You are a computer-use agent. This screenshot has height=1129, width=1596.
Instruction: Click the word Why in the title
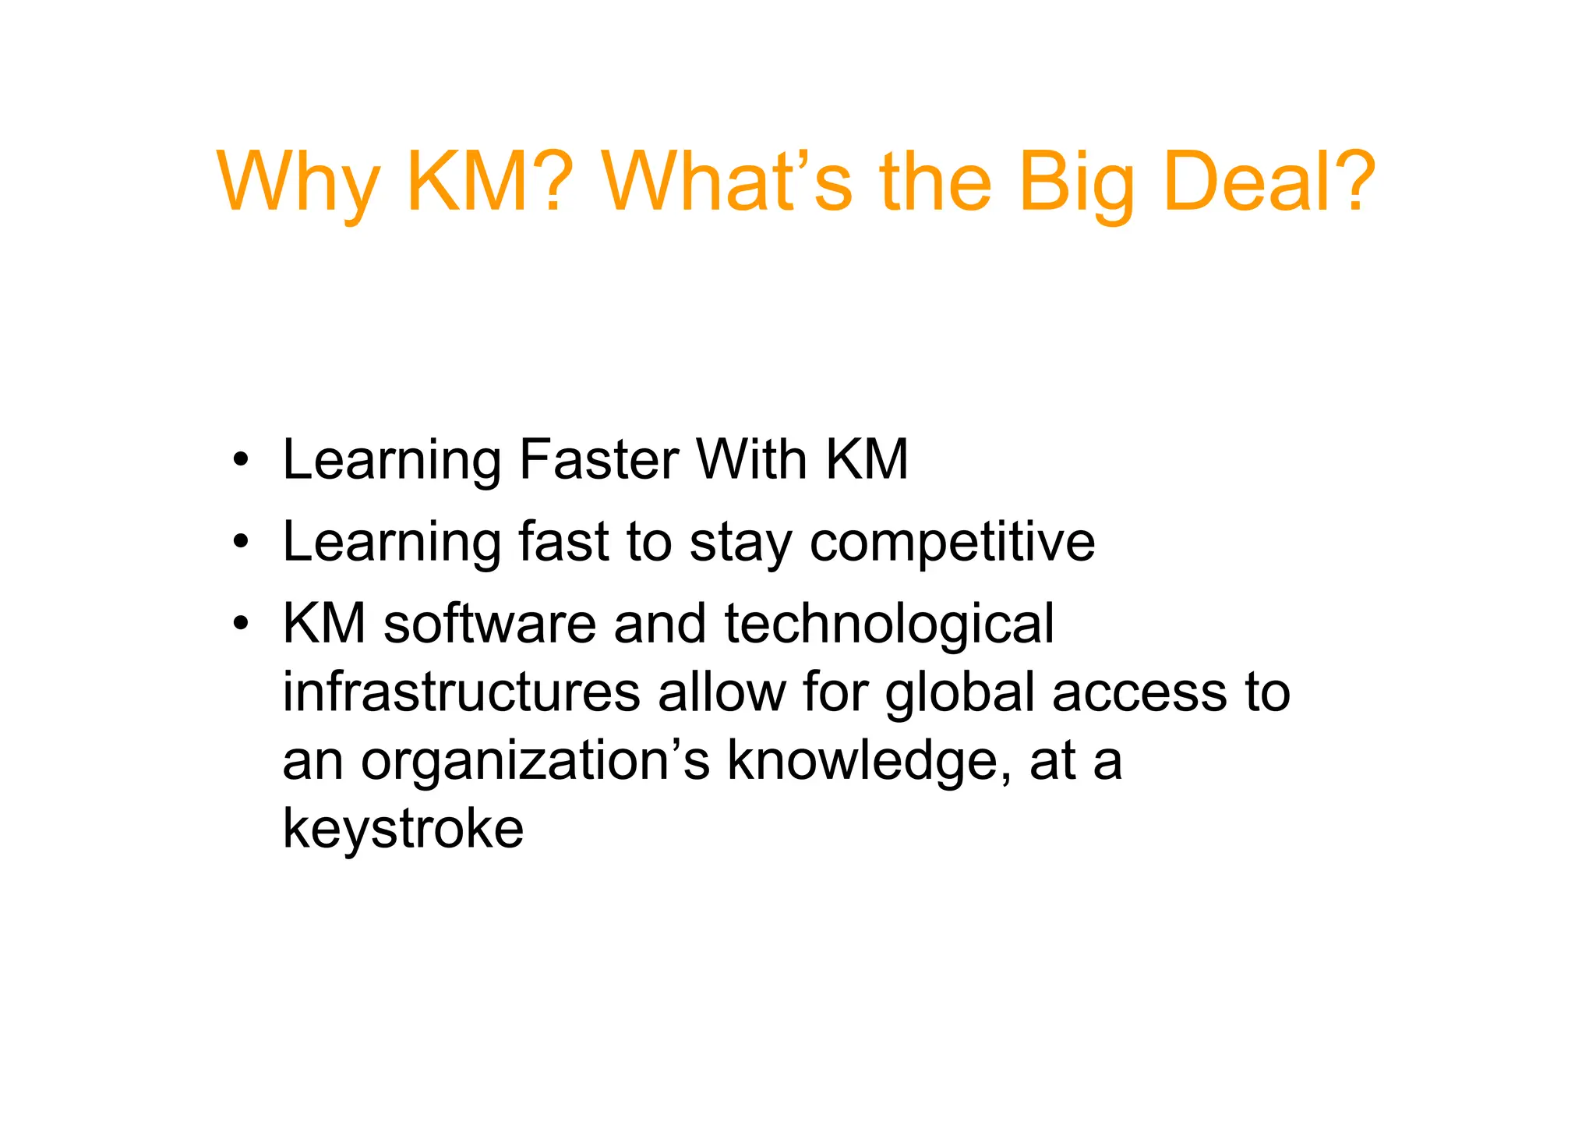pos(297,183)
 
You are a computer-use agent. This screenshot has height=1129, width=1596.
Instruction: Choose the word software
pos(490,624)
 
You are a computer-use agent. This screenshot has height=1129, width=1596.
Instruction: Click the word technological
pos(889,625)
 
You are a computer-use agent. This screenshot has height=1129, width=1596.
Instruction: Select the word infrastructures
pos(461,692)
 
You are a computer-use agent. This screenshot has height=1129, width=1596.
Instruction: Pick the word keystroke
pos(403,830)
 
